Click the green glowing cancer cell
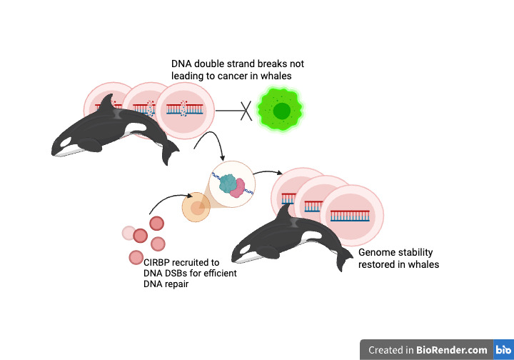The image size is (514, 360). pyautogui.click(x=281, y=111)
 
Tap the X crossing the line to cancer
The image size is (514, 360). pyautogui.click(x=244, y=111)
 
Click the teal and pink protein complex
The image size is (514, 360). pyautogui.click(x=232, y=185)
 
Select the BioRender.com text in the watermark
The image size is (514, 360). pyautogui.click(x=453, y=350)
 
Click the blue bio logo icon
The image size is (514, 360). pyautogui.click(x=502, y=350)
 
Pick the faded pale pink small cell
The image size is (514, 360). pyautogui.click(x=128, y=232)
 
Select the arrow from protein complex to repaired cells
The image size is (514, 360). pyautogui.click(x=268, y=174)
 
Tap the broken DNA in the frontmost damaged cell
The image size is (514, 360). pyautogui.click(x=183, y=109)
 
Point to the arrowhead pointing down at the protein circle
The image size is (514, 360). pyautogui.click(x=223, y=158)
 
